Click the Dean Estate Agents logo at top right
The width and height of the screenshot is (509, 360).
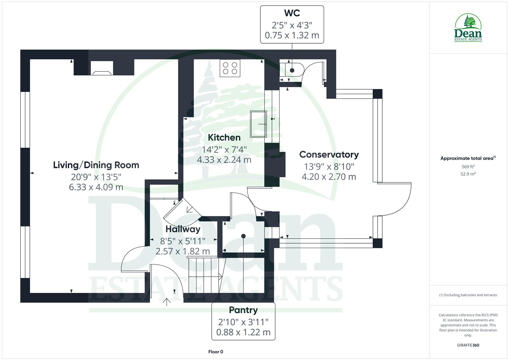click(468, 28)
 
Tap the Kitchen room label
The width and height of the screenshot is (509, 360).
click(224, 137)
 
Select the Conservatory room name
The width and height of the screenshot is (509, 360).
click(329, 155)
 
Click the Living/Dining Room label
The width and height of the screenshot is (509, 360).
click(96, 165)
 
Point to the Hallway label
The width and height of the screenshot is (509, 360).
click(183, 229)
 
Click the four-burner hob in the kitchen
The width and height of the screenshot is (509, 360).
click(230, 68)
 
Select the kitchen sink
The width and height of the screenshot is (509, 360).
click(259, 124)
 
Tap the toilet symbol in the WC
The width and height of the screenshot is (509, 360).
click(292, 70)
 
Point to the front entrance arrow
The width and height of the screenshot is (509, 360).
click(167, 302)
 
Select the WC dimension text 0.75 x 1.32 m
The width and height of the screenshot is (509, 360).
click(292, 35)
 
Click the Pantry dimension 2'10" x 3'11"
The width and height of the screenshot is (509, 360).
click(243, 322)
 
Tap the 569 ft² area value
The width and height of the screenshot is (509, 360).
click(468, 167)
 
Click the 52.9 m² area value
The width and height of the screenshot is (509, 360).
click(468, 174)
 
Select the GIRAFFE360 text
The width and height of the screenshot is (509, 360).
click(468, 345)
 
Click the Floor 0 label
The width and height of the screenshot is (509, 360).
click(215, 352)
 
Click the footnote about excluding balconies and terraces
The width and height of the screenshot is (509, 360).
click(468, 295)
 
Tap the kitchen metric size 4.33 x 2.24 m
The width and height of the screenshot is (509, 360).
click(224, 160)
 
